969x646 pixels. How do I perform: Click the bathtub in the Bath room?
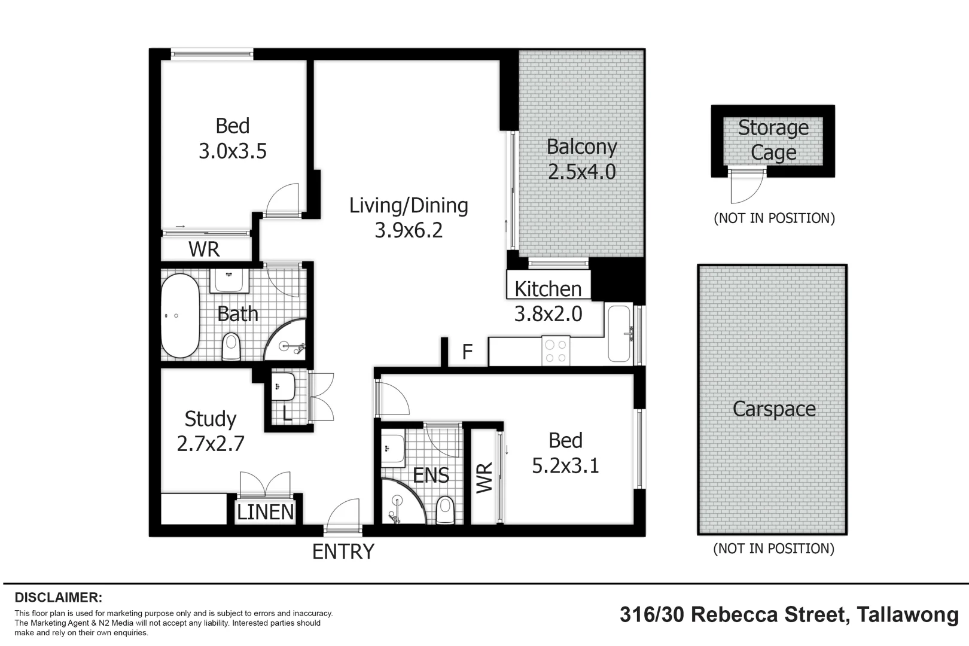click(x=180, y=316)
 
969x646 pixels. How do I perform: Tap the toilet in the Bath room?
click(x=231, y=347)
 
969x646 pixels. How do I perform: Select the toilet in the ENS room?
click(x=446, y=510)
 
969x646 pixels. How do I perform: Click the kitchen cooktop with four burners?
click(x=556, y=352)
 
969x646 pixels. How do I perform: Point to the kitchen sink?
click(x=619, y=334)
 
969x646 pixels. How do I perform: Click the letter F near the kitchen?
click(x=467, y=351)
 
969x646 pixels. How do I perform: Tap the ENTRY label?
click(x=343, y=551)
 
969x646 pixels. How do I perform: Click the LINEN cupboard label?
click(x=266, y=512)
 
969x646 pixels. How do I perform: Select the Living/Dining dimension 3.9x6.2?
click(x=409, y=230)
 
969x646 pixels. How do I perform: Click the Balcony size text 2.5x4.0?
click(x=581, y=172)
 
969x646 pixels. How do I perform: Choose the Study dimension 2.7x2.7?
click(x=211, y=444)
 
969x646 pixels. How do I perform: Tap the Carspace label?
click(x=774, y=409)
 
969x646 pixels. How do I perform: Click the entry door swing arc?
click(x=343, y=513)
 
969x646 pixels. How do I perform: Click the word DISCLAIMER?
click(x=59, y=598)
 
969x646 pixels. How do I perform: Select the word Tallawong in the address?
click(x=907, y=615)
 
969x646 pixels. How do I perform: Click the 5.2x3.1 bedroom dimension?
click(x=565, y=465)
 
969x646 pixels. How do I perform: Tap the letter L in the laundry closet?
click(x=287, y=413)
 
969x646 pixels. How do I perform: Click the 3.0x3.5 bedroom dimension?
click(x=232, y=151)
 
